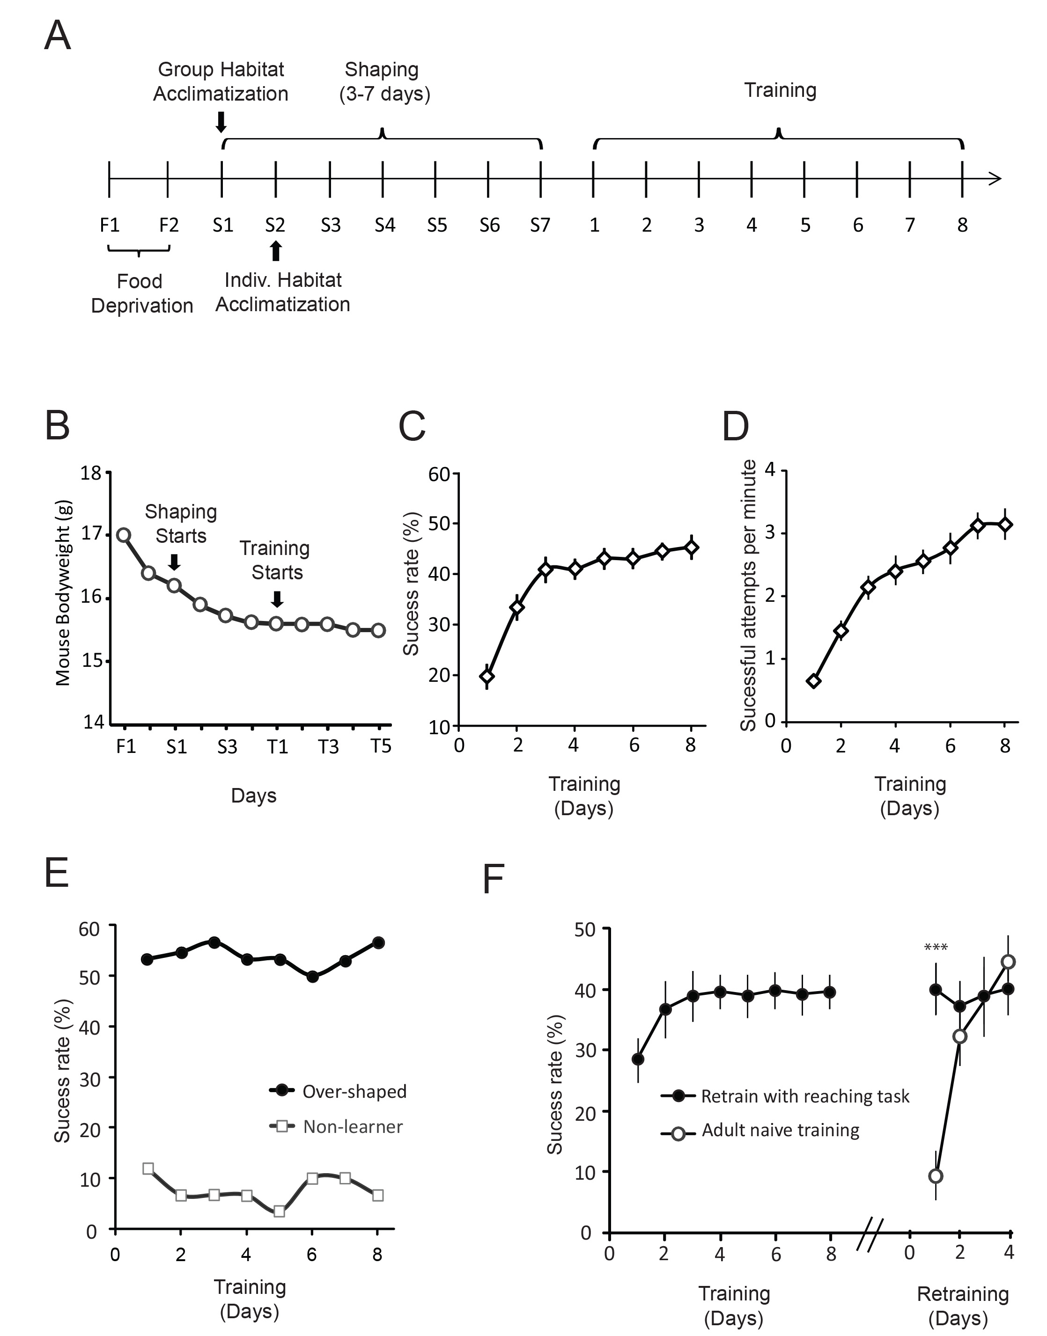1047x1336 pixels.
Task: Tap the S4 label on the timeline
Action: click(385, 226)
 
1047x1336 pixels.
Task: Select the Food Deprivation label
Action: click(141, 293)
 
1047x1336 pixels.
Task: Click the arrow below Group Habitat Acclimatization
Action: click(221, 121)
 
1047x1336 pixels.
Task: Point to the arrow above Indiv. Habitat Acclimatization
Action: click(276, 250)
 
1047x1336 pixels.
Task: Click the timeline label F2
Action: click(169, 226)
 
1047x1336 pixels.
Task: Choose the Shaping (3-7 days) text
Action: click(384, 81)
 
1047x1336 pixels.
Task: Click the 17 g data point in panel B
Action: click(124, 535)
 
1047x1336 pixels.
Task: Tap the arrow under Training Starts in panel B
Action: click(277, 599)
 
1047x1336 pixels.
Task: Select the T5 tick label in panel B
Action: click(381, 746)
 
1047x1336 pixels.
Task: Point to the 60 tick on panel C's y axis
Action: click(440, 474)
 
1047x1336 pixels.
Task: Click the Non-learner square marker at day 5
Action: click(279, 1211)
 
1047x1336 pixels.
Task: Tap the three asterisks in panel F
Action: click(936, 948)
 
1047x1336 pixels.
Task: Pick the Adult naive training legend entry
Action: click(760, 1130)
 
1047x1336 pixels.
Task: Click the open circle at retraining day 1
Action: click(936, 1175)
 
